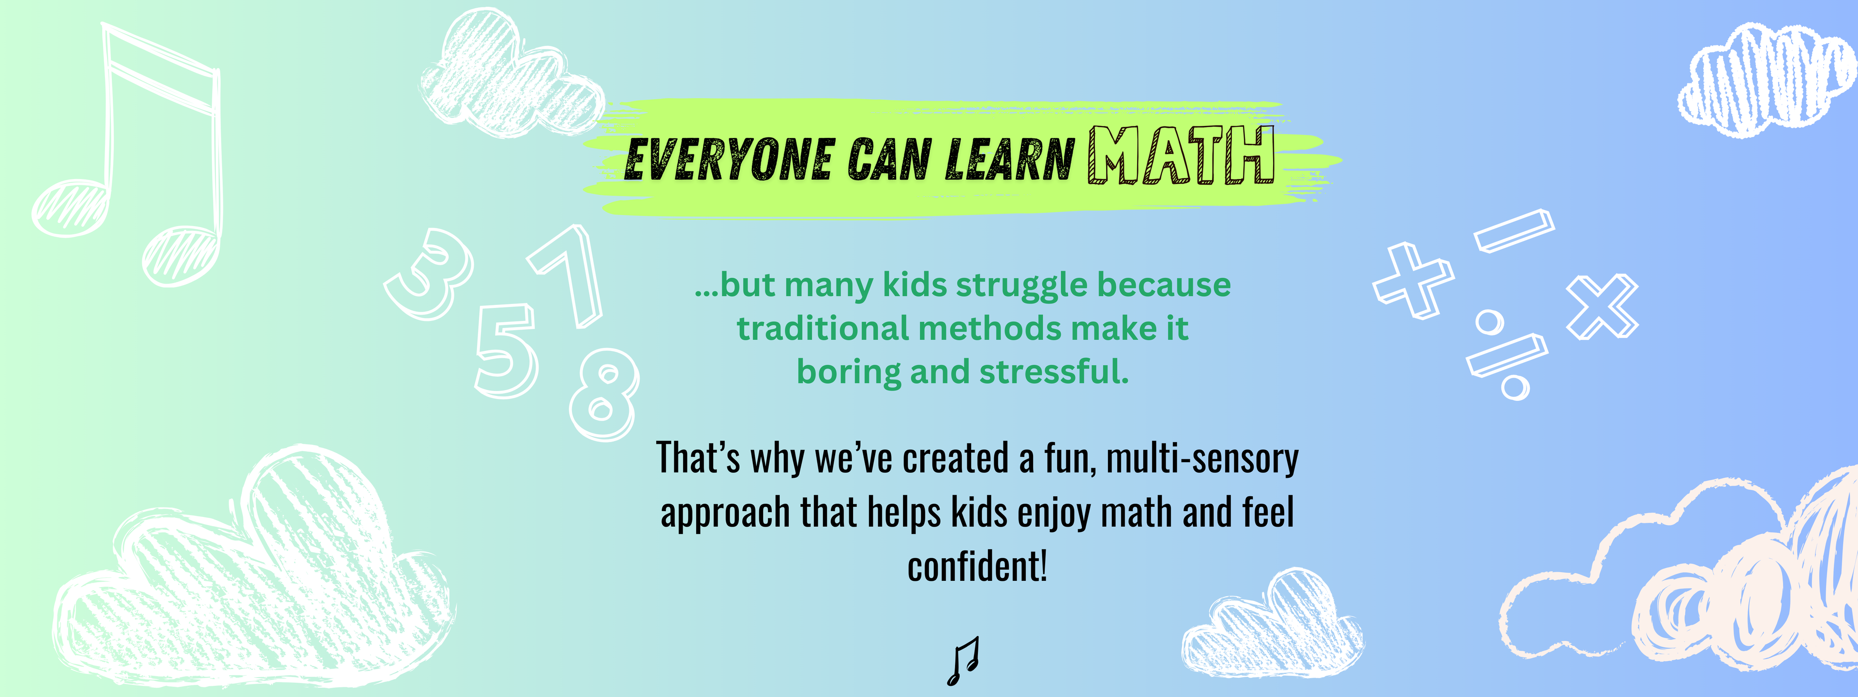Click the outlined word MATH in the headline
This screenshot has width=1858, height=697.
pyautogui.click(x=1181, y=155)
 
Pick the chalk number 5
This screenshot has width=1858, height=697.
pyautogui.click(x=506, y=351)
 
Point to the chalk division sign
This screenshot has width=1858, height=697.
pyautogui.click(x=1508, y=355)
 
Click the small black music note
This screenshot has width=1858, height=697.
pyautogui.click(x=963, y=661)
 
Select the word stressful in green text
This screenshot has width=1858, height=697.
pyautogui.click(x=1054, y=372)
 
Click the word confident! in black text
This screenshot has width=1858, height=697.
pyautogui.click(x=977, y=566)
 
